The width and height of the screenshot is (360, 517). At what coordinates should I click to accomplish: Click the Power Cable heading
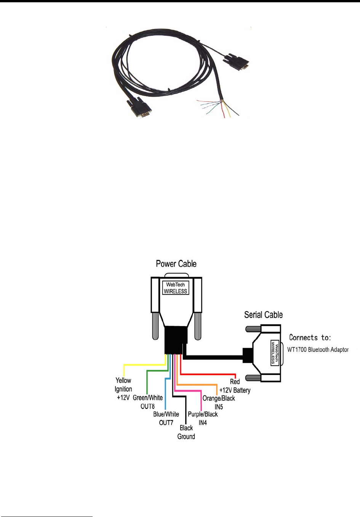[x=176, y=264]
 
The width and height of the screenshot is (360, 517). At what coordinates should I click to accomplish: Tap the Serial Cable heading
[x=263, y=315]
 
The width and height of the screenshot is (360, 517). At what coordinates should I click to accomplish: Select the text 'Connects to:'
[x=310, y=337]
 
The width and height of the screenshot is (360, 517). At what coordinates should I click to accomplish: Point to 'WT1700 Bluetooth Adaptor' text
[x=318, y=349]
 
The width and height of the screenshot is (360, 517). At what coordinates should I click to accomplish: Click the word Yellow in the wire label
[x=123, y=380]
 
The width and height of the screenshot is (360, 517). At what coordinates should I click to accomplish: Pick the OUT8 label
[x=147, y=406]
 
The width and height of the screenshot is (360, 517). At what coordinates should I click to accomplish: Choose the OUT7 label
[x=166, y=423]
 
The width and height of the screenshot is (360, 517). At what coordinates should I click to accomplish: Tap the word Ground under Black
[x=186, y=437]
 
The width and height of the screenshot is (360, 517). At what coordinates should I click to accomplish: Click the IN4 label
[x=203, y=423]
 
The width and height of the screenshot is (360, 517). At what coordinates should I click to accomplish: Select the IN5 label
[x=219, y=407]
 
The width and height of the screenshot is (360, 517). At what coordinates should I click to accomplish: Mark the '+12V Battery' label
[x=235, y=390]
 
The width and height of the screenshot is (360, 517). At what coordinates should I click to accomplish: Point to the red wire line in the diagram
[x=210, y=374]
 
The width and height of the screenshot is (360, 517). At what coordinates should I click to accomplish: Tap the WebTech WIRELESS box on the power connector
[x=176, y=288]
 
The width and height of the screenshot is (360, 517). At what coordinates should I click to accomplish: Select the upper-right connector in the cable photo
[x=237, y=61]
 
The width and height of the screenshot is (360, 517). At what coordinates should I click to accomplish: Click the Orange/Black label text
[x=219, y=398]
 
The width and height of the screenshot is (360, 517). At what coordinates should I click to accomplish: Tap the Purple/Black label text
[x=203, y=414]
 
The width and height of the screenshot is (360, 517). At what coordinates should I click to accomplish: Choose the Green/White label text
[x=147, y=398]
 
